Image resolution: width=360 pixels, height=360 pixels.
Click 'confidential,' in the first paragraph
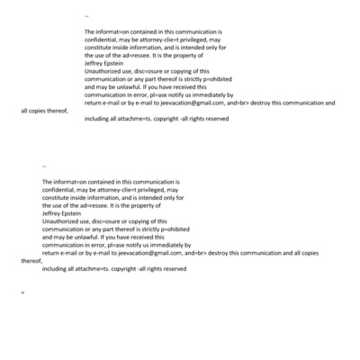pos(103,40)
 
